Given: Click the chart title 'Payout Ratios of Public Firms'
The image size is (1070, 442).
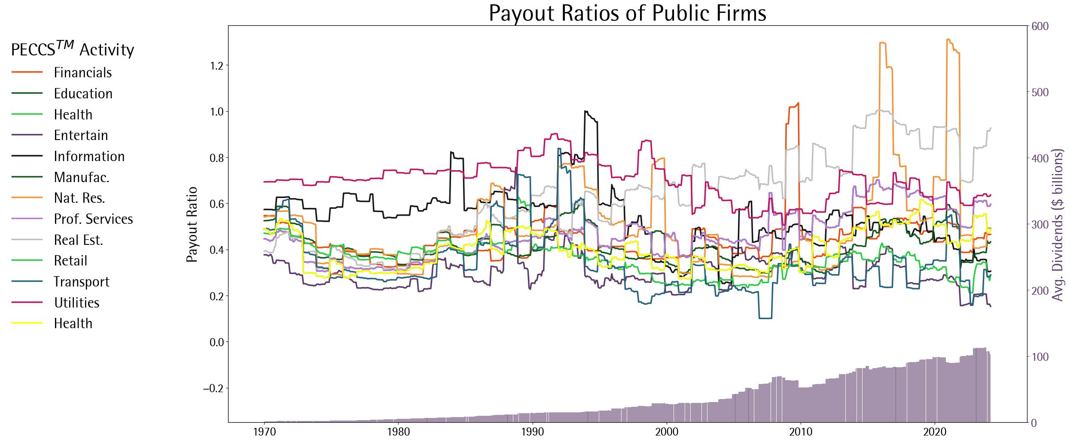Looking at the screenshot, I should pos(627,14).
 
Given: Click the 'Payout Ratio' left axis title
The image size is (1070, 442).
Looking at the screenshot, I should pos(192,224).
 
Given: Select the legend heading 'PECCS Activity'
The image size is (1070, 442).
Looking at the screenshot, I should pos(72,50).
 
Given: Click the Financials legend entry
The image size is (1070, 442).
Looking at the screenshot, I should pos(82,73).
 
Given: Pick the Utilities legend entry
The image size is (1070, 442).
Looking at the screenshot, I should pos(76,303).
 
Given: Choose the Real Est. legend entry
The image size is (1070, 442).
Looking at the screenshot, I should pos(78,240).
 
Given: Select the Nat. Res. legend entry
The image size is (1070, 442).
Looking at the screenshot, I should pos(79,198).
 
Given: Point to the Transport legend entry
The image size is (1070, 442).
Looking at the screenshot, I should pos(81,282).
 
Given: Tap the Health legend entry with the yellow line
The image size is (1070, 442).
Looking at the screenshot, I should pos(73,323).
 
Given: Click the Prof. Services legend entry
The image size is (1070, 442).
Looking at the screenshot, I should pos(93,219).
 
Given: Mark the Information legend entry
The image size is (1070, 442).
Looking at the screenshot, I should pos(89,156).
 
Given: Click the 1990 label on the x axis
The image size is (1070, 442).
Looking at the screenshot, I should pos(533,432).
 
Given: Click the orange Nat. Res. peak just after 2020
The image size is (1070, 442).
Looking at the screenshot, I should pos(948,40).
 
